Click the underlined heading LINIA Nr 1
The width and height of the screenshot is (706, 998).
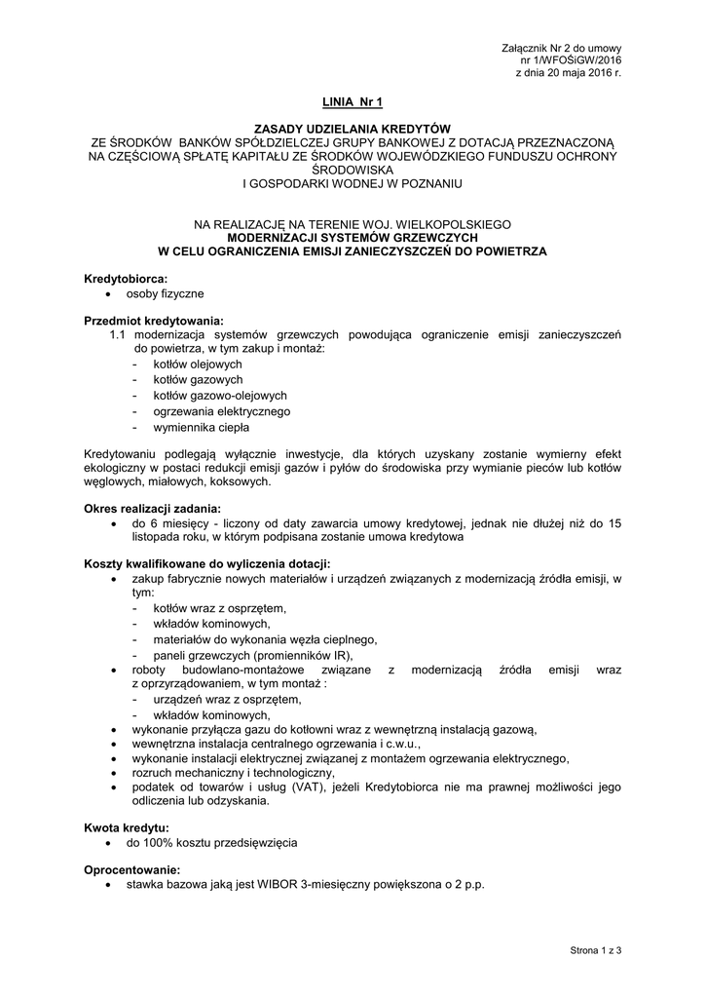click(x=353, y=100)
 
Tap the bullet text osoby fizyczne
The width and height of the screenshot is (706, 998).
click(x=168, y=293)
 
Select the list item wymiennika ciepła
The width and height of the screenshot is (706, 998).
click(x=201, y=427)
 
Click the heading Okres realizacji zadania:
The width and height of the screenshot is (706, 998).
click(x=153, y=508)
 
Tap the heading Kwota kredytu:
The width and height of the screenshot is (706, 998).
click(x=127, y=826)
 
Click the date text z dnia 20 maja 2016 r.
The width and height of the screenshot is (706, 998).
click(x=568, y=73)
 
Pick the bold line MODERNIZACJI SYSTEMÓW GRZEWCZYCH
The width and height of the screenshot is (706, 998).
click(x=352, y=237)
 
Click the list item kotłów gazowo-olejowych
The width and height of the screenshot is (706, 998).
click(x=219, y=396)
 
